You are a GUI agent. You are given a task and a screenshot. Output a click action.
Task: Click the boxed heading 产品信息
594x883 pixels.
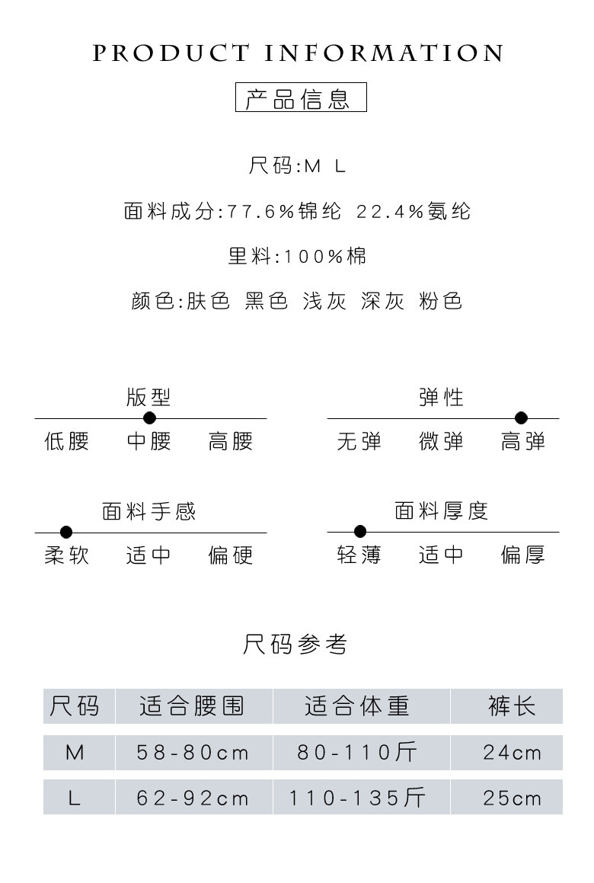click(300, 99)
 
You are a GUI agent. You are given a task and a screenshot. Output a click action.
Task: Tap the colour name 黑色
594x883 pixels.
click(267, 301)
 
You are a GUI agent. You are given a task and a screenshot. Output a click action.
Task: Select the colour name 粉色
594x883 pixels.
click(441, 301)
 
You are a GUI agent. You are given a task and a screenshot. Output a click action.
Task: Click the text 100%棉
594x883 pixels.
click(325, 256)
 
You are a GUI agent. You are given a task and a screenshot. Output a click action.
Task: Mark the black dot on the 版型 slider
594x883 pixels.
click(149, 418)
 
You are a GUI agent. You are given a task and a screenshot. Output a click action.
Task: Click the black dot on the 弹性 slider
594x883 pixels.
click(521, 418)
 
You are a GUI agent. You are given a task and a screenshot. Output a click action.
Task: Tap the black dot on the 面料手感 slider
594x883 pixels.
click(66, 532)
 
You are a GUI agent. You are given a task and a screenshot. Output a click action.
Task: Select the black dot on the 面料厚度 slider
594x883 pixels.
click(360, 532)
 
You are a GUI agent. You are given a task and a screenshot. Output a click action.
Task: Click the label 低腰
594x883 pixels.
click(67, 441)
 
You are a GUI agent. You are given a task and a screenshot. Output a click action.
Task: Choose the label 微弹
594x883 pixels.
click(441, 441)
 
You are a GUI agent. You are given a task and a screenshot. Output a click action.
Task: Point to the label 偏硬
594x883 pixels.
click(230, 555)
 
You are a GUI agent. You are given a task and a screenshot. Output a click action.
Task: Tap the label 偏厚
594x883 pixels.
click(522, 555)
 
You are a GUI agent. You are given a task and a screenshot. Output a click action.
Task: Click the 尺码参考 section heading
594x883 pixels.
click(295, 645)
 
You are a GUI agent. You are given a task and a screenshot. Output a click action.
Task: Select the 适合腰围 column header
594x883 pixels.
click(193, 706)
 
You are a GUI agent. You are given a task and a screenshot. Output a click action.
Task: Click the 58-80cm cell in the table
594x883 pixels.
click(193, 753)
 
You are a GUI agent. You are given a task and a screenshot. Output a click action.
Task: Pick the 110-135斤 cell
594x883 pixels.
click(357, 798)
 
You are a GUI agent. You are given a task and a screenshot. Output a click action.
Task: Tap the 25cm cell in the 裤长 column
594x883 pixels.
click(512, 798)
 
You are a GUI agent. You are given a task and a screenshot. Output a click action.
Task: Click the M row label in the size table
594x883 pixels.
click(75, 753)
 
